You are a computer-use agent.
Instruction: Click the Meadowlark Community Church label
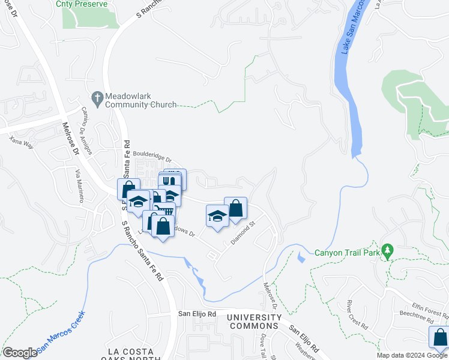click(140, 100)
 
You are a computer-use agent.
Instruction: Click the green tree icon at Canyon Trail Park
click(388, 250)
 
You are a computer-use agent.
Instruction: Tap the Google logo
click(20, 353)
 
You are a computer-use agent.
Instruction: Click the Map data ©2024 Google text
click(412, 355)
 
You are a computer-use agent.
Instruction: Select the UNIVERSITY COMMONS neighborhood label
click(256, 322)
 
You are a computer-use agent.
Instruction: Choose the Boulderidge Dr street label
click(152, 158)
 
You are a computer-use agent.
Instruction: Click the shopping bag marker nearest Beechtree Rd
click(439, 338)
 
